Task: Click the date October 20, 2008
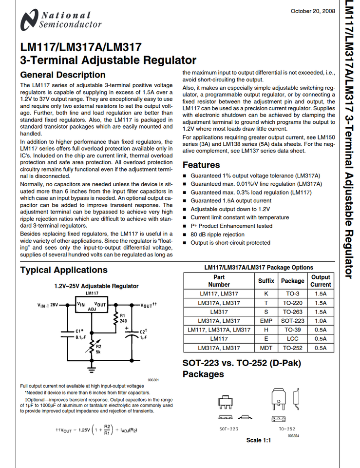click(x=312, y=11)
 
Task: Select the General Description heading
click(x=62, y=75)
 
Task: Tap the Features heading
click(x=201, y=165)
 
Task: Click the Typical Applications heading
click(x=64, y=270)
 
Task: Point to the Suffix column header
click(x=266, y=281)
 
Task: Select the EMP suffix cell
click(x=266, y=321)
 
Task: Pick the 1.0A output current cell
click(x=321, y=321)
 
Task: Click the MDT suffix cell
click(x=266, y=348)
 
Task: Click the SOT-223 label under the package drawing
click(x=228, y=429)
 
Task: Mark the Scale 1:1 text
click(x=258, y=440)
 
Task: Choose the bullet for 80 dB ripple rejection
click(x=185, y=234)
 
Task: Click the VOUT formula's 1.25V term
click(x=84, y=431)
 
